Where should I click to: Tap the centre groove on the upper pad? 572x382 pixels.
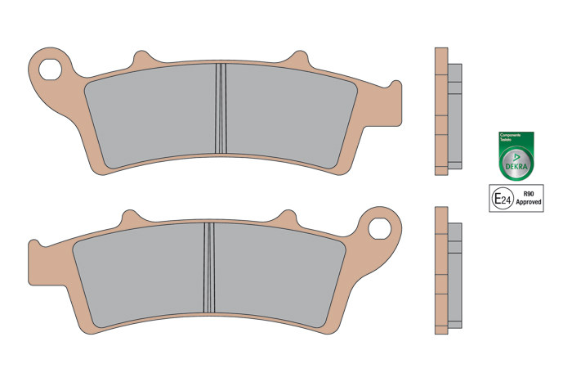[220, 109]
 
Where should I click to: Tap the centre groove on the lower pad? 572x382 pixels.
[208, 267]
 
